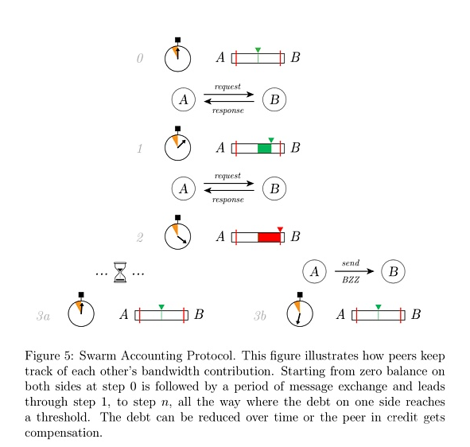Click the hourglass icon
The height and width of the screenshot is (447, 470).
(x=120, y=272)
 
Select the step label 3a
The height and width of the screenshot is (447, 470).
(x=43, y=316)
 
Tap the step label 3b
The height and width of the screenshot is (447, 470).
(x=260, y=316)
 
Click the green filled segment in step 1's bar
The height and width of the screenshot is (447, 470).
(x=264, y=149)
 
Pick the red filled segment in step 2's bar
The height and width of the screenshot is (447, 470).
(x=269, y=238)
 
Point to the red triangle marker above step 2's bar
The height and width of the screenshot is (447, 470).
(x=280, y=229)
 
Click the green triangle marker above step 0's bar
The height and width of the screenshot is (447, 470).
(x=258, y=50)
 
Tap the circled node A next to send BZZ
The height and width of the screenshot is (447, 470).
(x=314, y=271)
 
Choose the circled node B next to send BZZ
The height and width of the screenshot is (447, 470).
(x=394, y=271)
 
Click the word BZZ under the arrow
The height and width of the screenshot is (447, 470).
(x=351, y=280)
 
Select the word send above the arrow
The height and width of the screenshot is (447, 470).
(x=351, y=263)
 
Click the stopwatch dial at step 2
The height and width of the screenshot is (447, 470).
(x=178, y=236)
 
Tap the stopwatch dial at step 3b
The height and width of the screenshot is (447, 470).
(x=300, y=313)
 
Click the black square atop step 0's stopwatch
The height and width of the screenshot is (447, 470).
(x=178, y=40)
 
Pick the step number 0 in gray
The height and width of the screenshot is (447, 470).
(x=140, y=58)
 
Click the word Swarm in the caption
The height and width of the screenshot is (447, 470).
(x=97, y=356)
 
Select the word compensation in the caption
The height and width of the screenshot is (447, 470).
(x=64, y=433)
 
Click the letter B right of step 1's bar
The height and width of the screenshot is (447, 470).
(x=295, y=147)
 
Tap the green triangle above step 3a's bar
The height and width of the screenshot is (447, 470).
(x=161, y=307)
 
